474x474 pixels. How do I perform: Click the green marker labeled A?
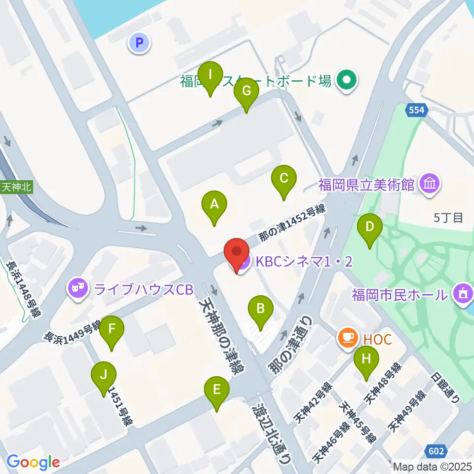coord(214,204)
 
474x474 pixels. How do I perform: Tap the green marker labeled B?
coord(261,310)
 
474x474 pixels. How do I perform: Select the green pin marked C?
coord(284,178)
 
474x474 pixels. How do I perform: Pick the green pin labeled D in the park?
coord(369,227)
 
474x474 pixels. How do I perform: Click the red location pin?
coord(237,252)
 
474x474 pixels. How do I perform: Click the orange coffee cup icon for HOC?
coord(348,338)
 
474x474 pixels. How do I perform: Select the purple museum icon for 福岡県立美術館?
coord(429,185)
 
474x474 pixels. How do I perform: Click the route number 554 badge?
coord(416,111)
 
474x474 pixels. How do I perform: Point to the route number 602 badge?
coord(436,450)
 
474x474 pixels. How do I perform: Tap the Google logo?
coord(34,462)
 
